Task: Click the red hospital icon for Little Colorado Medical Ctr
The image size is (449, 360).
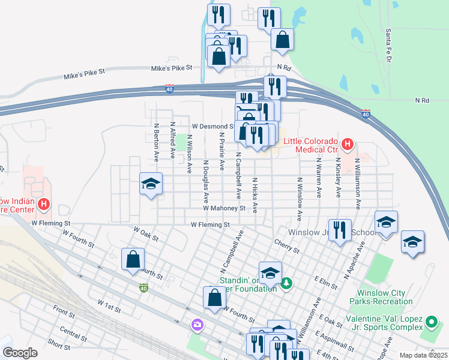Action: tap(347, 144)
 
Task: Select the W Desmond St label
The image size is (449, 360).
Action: tap(213, 127)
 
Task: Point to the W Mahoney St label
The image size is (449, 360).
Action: tap(224, 208)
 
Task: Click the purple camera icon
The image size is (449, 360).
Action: tap(197, 325)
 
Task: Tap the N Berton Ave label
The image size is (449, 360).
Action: tap(156, 143)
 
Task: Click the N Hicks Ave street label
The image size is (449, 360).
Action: tap(255, 195)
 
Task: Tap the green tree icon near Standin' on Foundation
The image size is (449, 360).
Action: tap(287, 282)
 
